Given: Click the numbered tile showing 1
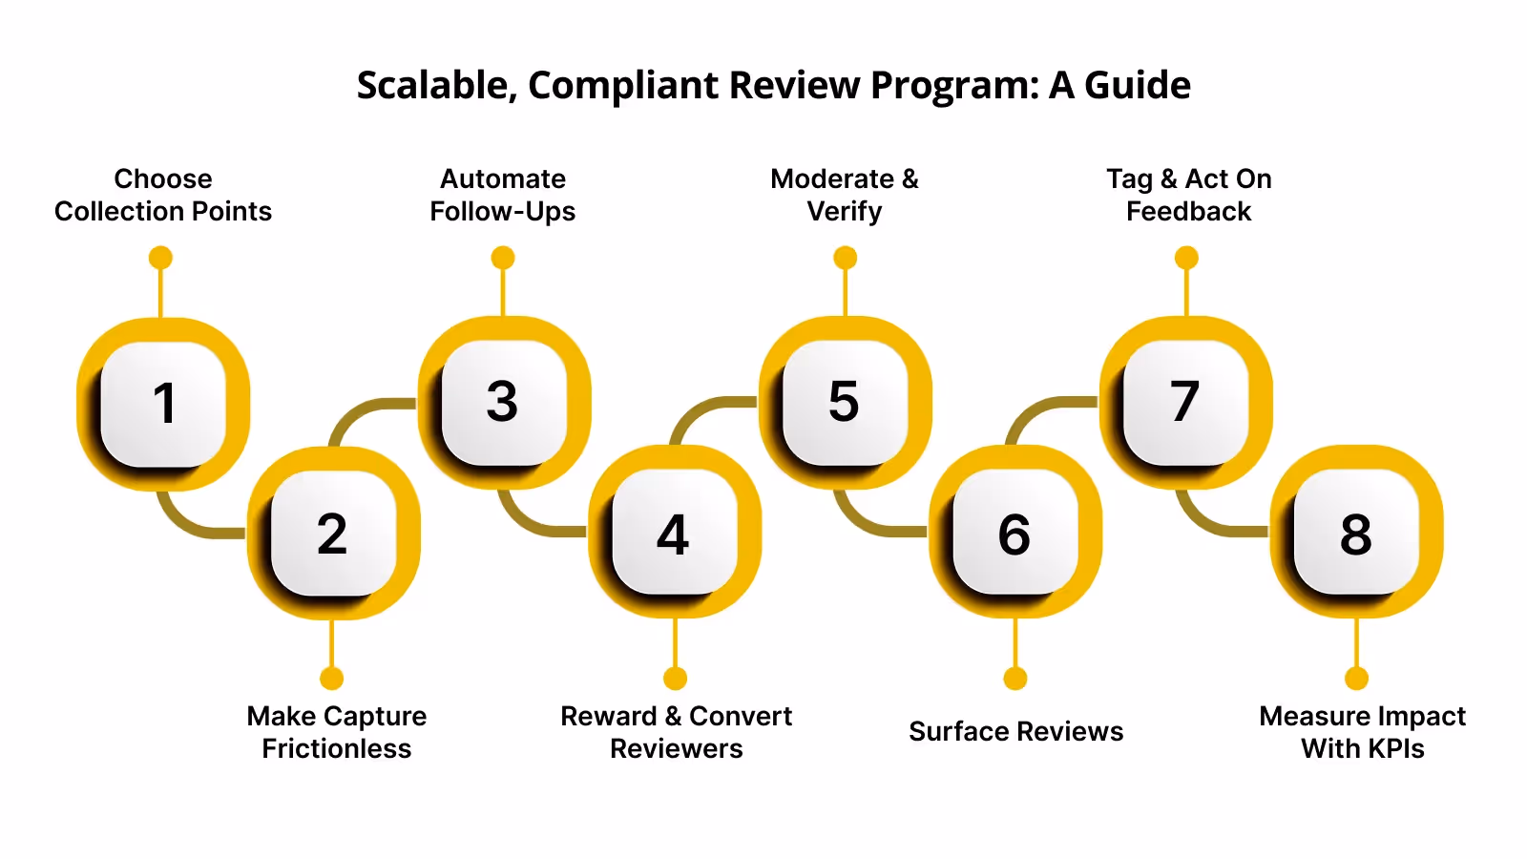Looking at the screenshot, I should click(x=163, y=404).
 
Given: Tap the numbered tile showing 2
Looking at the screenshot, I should click(x=333, y=534).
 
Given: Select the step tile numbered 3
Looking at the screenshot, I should click(x=503, y=402).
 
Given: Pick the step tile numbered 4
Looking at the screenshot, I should click(x=674, y=534).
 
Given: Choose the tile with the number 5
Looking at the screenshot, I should click(x=845, y=402).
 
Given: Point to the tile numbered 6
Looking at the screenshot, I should click(x=1015, y=534).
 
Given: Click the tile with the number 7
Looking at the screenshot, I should click(x=1185, y=402).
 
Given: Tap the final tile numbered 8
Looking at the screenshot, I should click(x=1355, y=534).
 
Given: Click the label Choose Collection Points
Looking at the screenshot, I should click(x=163, y=195).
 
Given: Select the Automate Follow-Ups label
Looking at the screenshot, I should click(x=503, y=195).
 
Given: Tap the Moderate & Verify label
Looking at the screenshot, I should click(x=845, y=195).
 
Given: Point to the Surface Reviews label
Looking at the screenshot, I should click(x=1015, y=731).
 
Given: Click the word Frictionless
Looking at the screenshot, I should click(x=337, y=748).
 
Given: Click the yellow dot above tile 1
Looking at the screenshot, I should click(x=161, y=258).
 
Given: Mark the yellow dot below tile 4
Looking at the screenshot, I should click(x=675, y=679).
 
